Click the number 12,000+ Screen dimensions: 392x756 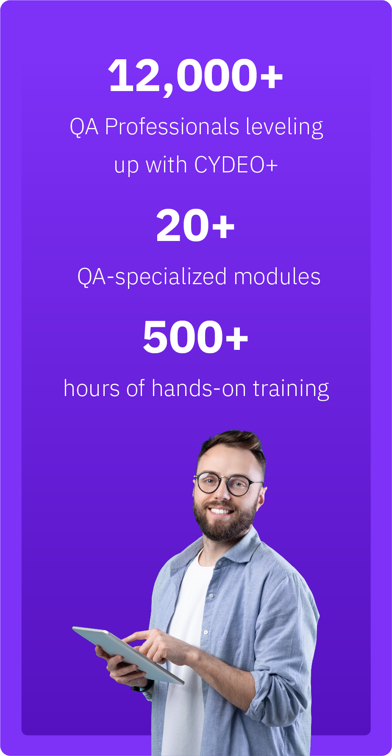click(196, 76)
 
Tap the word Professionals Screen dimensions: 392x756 click(172, 127)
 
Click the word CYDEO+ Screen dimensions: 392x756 click(236, 165)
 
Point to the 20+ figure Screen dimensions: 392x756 click(195, 225)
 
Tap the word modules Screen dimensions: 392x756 click(277, 277)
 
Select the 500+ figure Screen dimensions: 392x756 click(195, 337)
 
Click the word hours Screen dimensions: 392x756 click(92, 388)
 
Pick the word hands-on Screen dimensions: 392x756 click(199, 388)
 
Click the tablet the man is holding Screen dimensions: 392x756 click(128, 654)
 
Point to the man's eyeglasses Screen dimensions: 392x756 click(227, 484)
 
